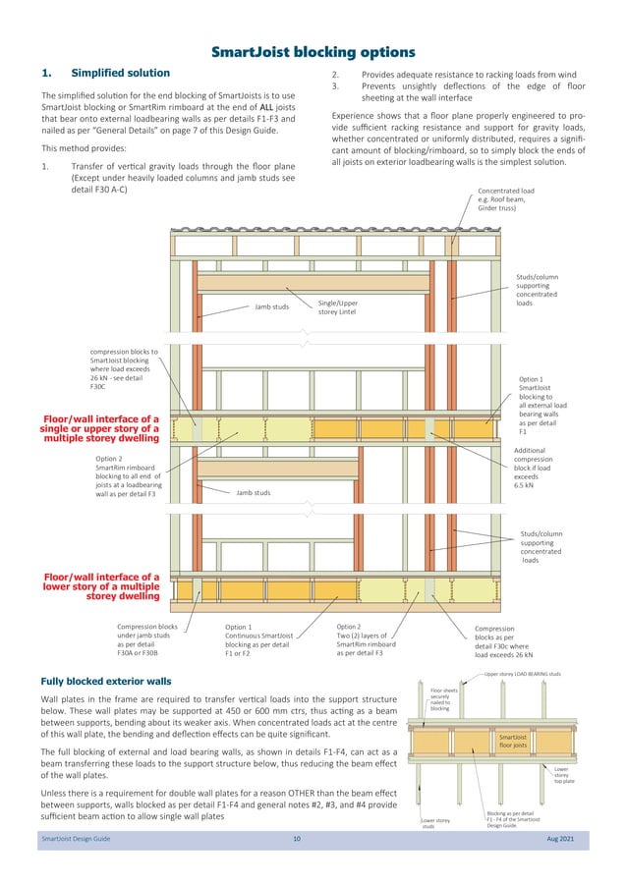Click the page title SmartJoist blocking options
click(313, 51)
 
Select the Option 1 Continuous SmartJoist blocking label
click(256, 639)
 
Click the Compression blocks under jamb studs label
click(146, 639)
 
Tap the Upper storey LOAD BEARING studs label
click(522, 674)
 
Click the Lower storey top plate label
click(561, 776)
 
